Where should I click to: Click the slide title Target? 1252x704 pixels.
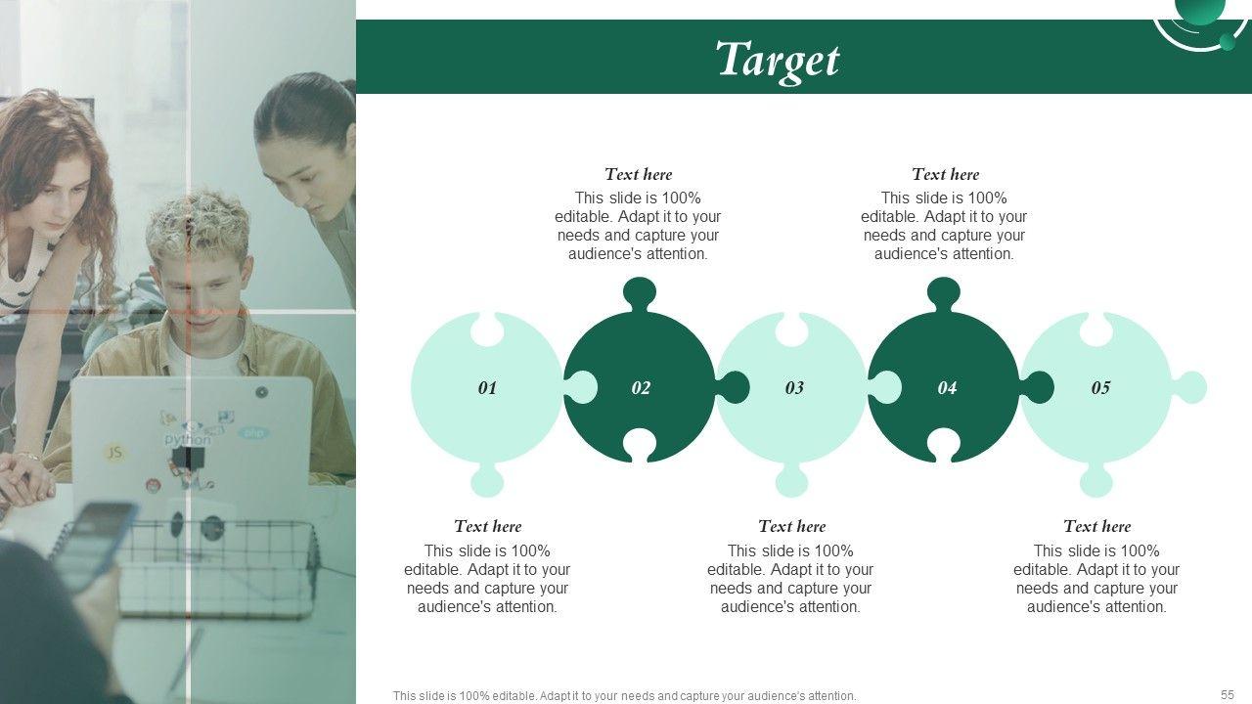pyautogui.click(x=778, y=61)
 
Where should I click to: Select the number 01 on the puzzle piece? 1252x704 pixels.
pyautogui.click(x=487, y=388)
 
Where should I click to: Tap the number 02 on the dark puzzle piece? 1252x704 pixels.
pyautogui.click(x=641, y=388)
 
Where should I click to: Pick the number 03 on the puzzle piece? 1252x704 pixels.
pyautogui.click(x=794, y=388)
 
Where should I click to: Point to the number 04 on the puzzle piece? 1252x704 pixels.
pyautogui.click(x=948, y=388)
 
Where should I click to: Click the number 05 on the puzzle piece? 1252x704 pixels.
pyautogui.click(x=1100, y=388)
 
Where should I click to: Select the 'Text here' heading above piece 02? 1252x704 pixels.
pyautogui.click(x=639, y=174)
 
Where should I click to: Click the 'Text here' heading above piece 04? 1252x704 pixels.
pyautogui.click(x=945, y=174)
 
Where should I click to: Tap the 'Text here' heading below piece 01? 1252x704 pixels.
pyautogui.click(x=487, y=526)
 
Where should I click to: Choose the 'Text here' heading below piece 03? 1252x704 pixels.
pyautogui.click(x=791, y=526)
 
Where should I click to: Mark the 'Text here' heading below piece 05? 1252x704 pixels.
pyautogui.click(x=1096, y=526)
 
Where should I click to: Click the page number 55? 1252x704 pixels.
pyautogui.click(x=1228, y=694)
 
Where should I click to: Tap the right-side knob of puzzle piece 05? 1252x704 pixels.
pyautogui.click(x=1190, y=387)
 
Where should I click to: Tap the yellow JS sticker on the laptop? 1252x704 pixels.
pyautogui.click(x=114, y=453)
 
